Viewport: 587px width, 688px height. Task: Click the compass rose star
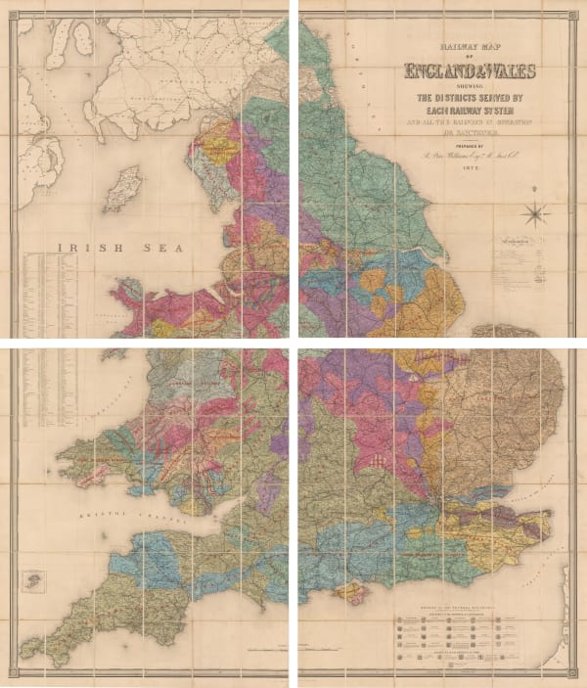coord(536,212)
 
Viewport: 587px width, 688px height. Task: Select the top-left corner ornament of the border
coord(11,10)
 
